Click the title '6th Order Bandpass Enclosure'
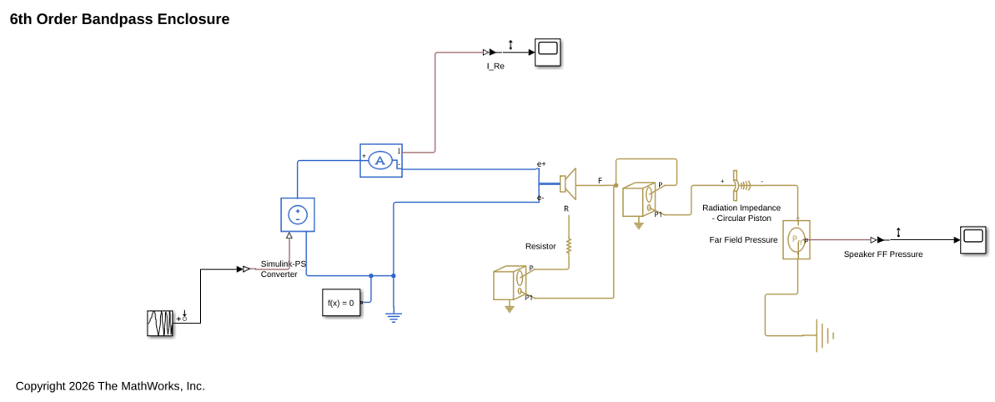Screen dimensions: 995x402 point(120,20)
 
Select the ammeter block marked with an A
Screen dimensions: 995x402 point(381,160)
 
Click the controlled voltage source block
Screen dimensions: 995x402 point(298,215)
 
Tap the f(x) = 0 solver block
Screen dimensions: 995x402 point(342,303)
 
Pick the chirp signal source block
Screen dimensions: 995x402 point(160,324)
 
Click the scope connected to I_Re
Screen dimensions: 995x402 point(547,52)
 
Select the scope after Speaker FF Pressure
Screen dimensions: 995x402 point(973,239)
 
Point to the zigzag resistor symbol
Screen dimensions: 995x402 point(569,244)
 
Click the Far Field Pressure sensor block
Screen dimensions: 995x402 point(797,239)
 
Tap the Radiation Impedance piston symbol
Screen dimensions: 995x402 point(741,184)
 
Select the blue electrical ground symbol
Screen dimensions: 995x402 point(394,316)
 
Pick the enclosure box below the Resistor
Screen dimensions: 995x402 point(510,284)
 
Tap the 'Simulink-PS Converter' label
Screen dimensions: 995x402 point(284,269)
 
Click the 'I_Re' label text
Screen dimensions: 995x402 point(495,66)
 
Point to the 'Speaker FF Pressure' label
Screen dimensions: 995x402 point(882,254)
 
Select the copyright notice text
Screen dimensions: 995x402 point(110,385)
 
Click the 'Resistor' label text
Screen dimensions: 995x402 point(540,246)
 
